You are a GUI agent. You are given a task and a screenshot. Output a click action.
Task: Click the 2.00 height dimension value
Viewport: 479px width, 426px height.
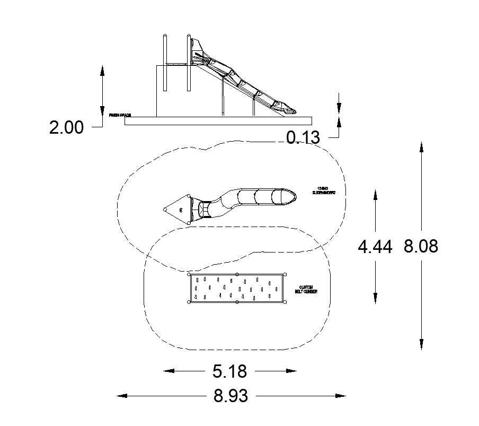point(66,128)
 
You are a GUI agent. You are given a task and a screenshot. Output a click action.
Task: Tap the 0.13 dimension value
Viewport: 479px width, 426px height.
point(303,137)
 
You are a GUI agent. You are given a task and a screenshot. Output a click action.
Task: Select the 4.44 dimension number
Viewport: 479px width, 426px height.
point(375,247)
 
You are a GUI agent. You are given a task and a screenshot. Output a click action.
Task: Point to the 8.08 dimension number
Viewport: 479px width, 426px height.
point(421,246)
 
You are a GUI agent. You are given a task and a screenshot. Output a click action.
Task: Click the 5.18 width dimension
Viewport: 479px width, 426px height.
point(229,371)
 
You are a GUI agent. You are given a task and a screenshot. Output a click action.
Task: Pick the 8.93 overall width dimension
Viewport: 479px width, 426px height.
point(230,396)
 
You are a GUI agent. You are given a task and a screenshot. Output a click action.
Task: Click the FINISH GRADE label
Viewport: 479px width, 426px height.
point(120,115)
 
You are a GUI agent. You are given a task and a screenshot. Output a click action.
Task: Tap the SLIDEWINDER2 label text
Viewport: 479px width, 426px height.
point(324,191)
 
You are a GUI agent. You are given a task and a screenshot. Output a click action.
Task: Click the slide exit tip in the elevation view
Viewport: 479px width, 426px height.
point(291,111)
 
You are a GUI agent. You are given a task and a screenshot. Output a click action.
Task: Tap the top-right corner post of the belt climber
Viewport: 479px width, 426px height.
point(285,274)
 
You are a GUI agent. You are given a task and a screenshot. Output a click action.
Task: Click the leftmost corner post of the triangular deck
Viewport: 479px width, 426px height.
point(165,210)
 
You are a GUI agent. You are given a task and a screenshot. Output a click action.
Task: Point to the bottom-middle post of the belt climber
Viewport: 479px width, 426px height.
point(237,302)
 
